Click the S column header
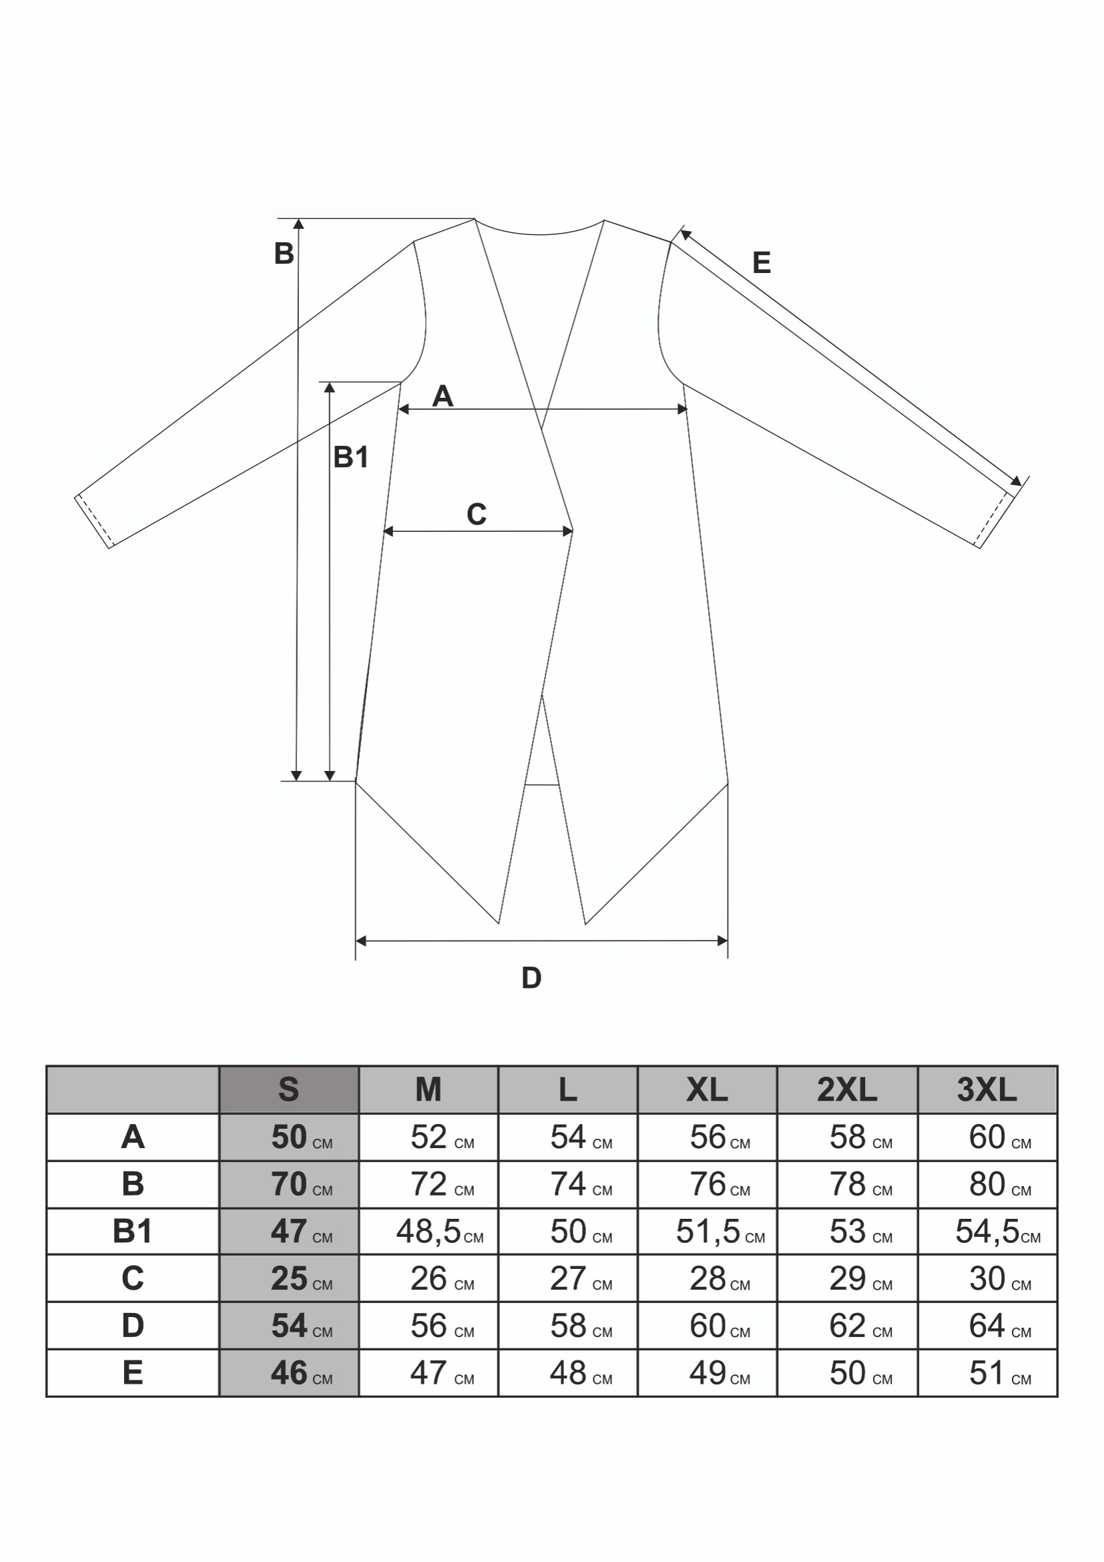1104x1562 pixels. coord(288,1090)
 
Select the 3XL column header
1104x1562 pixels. coord(987,1090)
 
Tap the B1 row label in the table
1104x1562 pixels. coord(133,1232)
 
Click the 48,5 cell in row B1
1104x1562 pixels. coord(429,1232)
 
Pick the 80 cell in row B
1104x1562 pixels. coord(987,1184)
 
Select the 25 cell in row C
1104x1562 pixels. coord(289,1279)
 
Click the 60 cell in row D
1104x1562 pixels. coord(708,1326)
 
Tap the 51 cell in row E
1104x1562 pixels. coord(987,1373)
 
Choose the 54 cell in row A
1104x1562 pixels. coord(568,1137)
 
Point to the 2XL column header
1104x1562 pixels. coord(847,1090)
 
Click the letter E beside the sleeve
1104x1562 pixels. coord(761,262)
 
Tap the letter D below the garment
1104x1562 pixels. coord(531,979)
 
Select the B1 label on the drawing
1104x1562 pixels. coord(351,457)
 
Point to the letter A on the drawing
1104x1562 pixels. coord(442,396)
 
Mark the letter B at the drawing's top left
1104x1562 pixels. coord(284,254)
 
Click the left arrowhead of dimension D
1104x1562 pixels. coord(361,941)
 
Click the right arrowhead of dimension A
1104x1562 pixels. coord(682,410)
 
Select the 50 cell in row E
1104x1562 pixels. coord(847,1373)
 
